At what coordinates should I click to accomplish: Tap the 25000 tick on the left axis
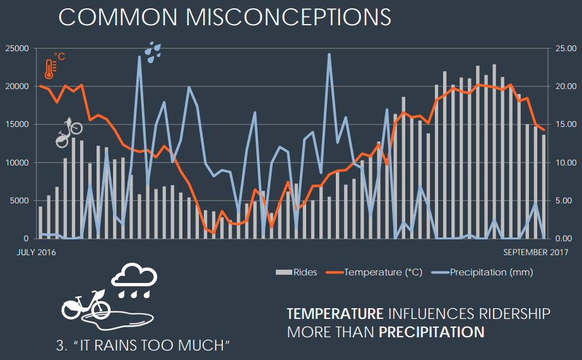(x=16, y=49)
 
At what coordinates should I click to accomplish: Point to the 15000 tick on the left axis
(x=16, y=124)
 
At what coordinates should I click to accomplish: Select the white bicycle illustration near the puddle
(x=86, y=305)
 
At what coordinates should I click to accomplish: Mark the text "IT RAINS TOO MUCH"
(x=142, y=345)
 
